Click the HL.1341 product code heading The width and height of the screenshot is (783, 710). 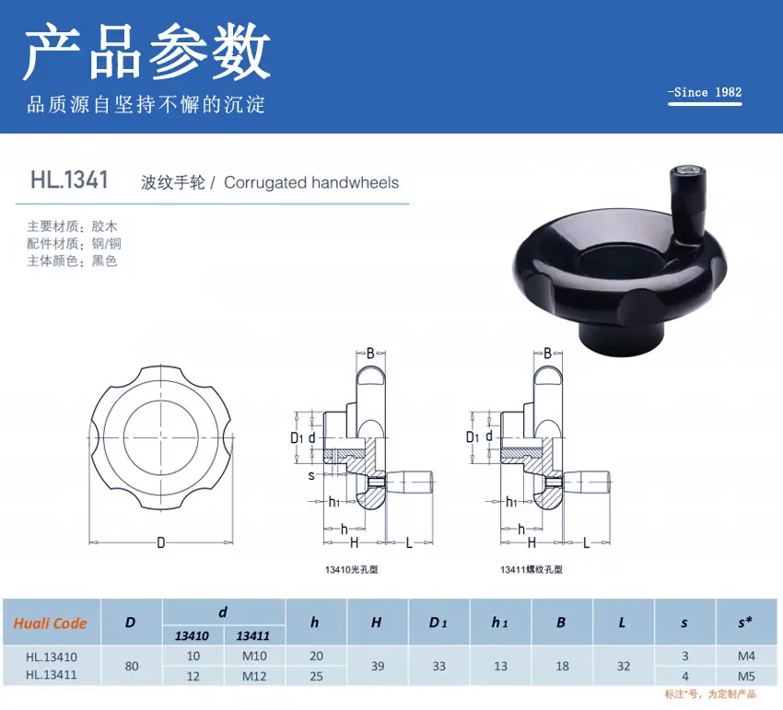tap(69, 180)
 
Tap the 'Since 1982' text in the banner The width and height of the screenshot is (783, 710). tap(705, 92)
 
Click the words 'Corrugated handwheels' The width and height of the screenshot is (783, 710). tap(311, 182)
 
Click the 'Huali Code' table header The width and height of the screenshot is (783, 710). tap(50, 623)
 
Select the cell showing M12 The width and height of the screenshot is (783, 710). tap(254, 677)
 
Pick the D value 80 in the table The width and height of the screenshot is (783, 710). tap(132, 666)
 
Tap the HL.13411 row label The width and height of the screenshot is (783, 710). tap(52, 675)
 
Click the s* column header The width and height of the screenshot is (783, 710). tap(745, 623)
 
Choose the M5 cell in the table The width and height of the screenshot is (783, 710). tap(746, 677)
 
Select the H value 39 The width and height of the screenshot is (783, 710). tap(378, 666)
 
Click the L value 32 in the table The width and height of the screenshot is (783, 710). tap(624, 666)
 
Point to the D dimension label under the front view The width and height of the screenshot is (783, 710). tap(161, 542)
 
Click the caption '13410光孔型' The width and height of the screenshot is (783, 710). tap(352, 570)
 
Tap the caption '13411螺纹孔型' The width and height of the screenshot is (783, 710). tap(532, 570)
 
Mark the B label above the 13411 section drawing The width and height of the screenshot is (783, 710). tap(547, 354)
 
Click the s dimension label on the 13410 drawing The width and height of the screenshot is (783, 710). tap(311, 476)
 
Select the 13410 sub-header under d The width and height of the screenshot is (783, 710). tap(193, 636)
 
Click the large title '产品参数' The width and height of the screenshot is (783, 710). tap(147, 52)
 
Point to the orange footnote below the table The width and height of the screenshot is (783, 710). tap(710, 694)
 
